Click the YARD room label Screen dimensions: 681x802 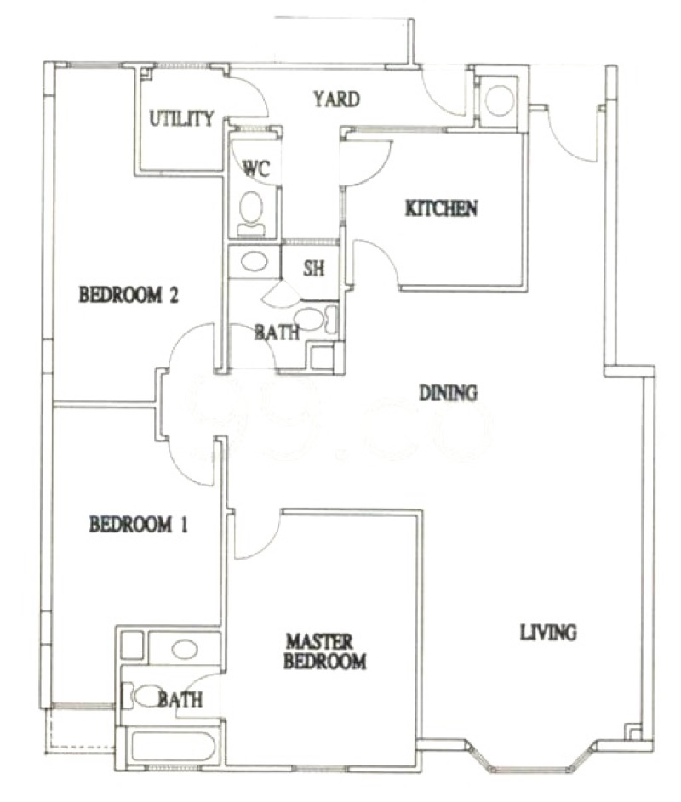(336, 99)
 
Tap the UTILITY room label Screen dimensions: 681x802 (181, 119)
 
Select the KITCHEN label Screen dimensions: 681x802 (441, 208)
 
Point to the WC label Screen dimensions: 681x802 (255, 168)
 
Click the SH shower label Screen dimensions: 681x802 (313, 269)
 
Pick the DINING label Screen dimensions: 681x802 (448, 393)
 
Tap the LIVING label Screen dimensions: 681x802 (548, 633)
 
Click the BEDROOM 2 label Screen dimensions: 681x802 (129, 295)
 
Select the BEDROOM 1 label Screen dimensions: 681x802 (138, 524)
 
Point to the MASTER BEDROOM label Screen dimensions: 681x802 (325, 651)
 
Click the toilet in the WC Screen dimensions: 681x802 (251, 213)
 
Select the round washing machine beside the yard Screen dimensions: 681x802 (499, 100)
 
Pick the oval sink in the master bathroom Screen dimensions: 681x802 (185, 650)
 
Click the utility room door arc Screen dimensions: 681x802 (252, 90)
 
